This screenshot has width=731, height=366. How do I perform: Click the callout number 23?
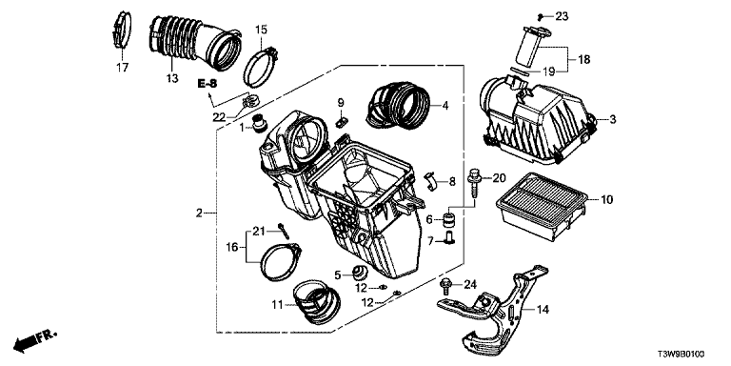click(x=562, y=17)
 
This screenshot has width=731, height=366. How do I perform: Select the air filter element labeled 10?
click(x=540, y=206)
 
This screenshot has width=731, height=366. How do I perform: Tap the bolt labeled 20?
click(x=474, y=184)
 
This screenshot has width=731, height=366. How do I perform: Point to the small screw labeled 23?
click(x=541, y=17)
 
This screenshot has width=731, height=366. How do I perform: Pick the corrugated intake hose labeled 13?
click(x=195, y=45)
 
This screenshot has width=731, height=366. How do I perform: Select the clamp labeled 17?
click(x=123, y=30)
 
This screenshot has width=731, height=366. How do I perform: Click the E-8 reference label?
click(x=207, y=84)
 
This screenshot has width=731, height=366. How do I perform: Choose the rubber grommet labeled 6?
click(x=450, y=217)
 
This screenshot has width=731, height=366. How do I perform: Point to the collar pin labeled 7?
click(x=450, y=238)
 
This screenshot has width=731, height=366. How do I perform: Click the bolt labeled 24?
click(x=445, y=285)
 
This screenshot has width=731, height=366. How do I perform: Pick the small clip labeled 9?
click(x=341, y=122)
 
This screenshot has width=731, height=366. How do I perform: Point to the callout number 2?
click(x=199, y=213)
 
